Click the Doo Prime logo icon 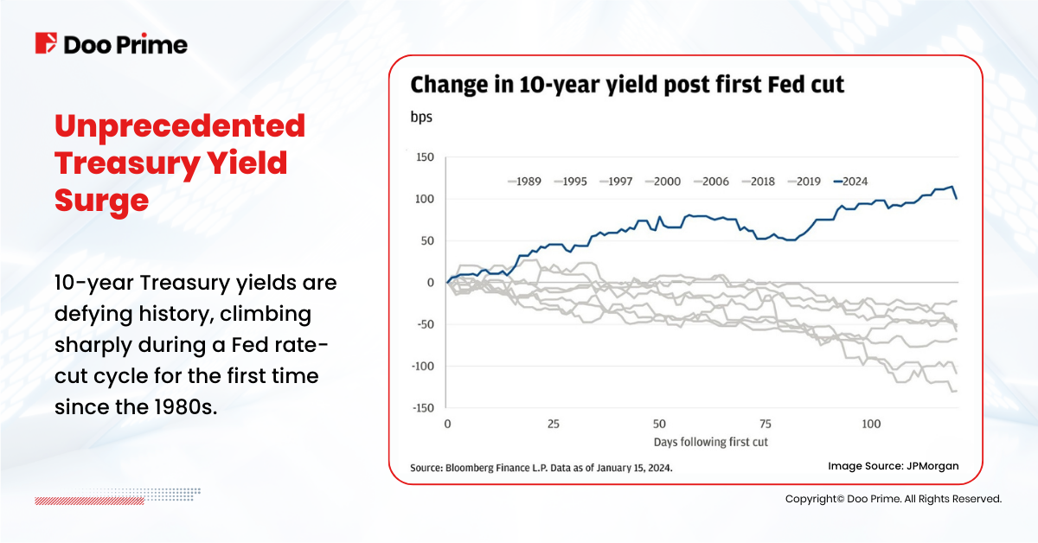pos(46,43)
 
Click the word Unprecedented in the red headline pos(180,126)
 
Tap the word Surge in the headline pos(101,200)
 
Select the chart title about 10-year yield pos(627,85)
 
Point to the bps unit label pos(420,117)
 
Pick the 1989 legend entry pos(525,182)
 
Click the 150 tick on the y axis pos(423,157)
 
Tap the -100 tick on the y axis pos(420,367)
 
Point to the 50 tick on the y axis pos(426,241)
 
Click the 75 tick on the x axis pos(766,425)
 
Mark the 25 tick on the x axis pos(554,425)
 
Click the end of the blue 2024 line pos(957,198)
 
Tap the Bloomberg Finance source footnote pos(541,468)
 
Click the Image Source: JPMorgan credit pos(893,466)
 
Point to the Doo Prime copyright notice pos(894,499)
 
